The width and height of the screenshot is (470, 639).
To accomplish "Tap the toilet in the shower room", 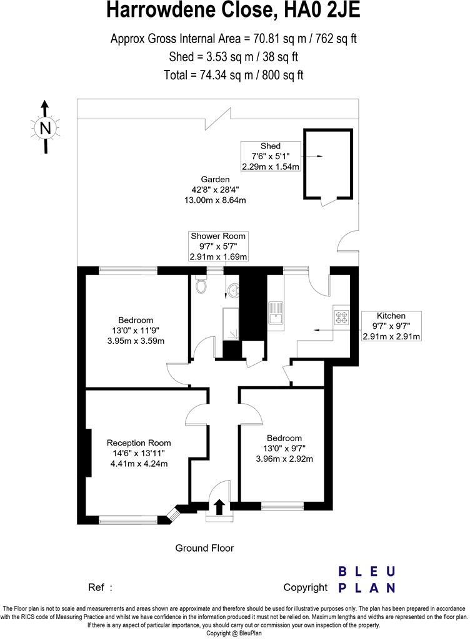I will [201, 286].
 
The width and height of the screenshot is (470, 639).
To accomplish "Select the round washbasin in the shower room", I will [232, 290].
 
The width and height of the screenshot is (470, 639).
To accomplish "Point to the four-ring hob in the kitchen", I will [342, 317].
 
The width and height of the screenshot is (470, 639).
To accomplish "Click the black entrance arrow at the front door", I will [219, 506].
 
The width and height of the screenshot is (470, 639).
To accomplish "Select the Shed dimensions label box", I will [271, 156].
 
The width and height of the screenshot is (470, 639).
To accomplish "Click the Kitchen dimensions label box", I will [391, 326].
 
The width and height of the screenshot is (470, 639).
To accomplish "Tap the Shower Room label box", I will [219, 246].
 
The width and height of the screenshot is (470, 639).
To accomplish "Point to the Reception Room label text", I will [138, 452].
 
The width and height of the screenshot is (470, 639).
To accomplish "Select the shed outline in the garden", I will [328, 164].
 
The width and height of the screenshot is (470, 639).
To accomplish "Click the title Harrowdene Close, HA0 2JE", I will [234, 11].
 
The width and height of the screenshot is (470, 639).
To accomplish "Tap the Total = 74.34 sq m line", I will [235, 75].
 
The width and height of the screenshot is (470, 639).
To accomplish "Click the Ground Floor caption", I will [204, 548].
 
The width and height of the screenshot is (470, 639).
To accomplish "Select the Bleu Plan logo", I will [366, 579].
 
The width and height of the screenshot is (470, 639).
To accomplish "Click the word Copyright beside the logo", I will [305, 587].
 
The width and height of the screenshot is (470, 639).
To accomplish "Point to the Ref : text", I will [101, 587].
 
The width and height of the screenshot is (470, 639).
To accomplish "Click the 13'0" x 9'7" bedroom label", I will [284, 448].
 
